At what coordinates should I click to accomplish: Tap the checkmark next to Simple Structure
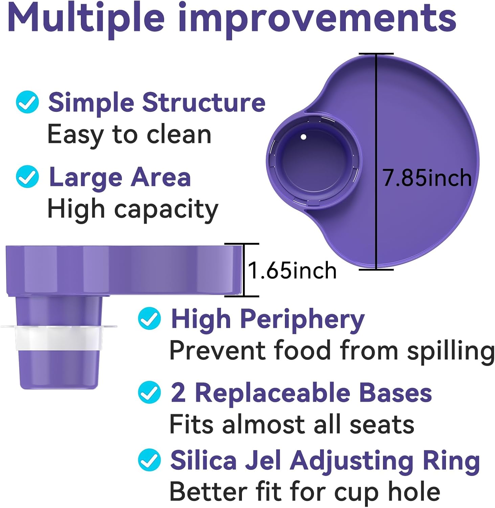(27, 102)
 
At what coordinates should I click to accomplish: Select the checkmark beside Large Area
(27, 176)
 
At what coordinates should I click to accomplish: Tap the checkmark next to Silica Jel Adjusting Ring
(149, 460)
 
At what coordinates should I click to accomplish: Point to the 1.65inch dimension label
(292, 270)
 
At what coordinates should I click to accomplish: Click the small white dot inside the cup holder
(303, 137)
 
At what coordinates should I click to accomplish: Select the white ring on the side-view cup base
(58, 338)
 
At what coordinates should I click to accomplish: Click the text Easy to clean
(129, 134)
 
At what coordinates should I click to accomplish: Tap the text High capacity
(133, 209)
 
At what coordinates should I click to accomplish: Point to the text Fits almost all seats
(292, 424)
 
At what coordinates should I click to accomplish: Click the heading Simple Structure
(157, 102)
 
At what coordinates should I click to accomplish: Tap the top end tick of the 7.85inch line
(376, 54)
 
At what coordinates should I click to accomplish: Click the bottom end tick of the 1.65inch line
(242, 296)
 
